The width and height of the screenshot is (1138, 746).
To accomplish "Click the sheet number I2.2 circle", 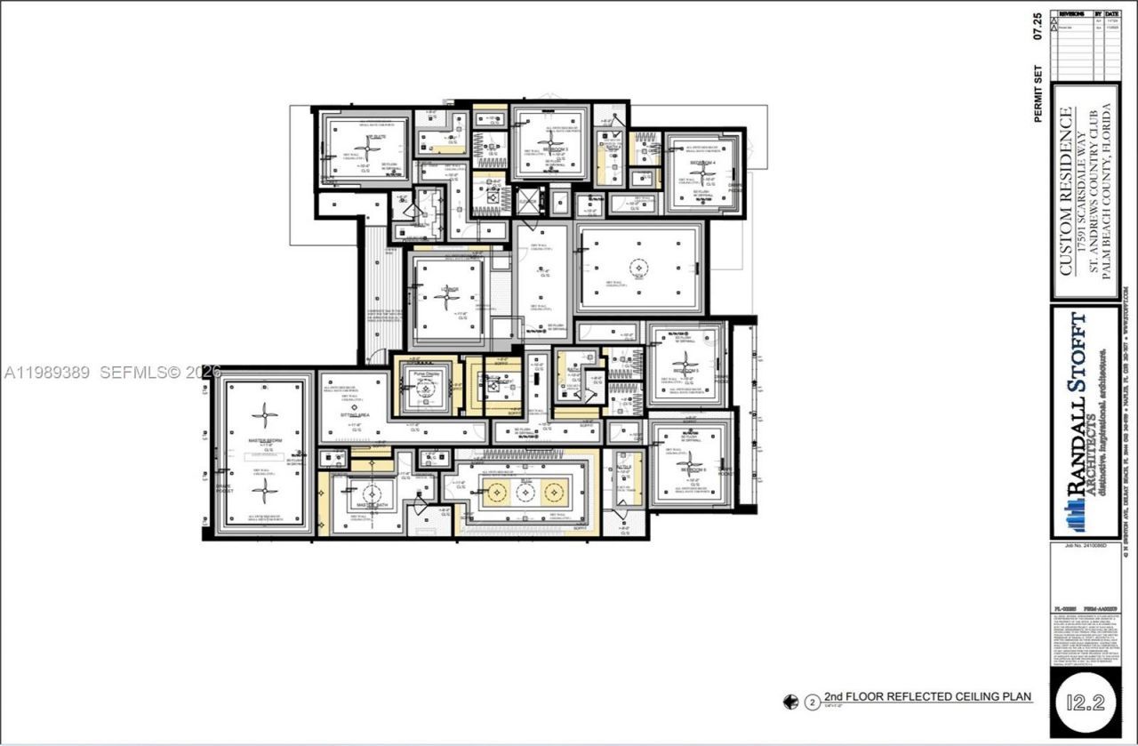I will [x=1086, y=702].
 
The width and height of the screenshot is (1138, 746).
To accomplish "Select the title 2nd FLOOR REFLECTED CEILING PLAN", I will [x=927, y=696].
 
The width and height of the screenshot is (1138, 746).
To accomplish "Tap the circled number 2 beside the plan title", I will [x=812, y=702].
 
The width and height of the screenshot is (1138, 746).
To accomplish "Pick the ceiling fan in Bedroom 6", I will [x=689, y=462].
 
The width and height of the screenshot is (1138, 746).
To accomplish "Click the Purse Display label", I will [x=427, y=374].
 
